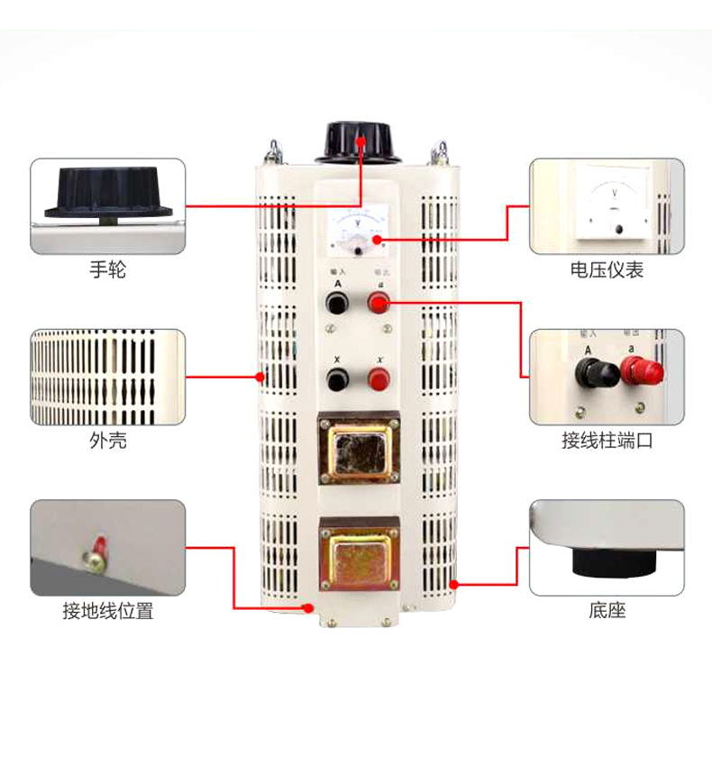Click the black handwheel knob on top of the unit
[x=360, y=142]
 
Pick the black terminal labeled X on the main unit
[x=338, y=381]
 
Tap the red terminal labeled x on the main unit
[x=379, y=381]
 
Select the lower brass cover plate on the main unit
[x=359, y=558]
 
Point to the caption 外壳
[x=107, y=441]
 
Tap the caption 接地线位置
[x=107, y=612]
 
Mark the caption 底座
[x=607, y=612]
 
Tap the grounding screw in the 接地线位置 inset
[x=94, y=559]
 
